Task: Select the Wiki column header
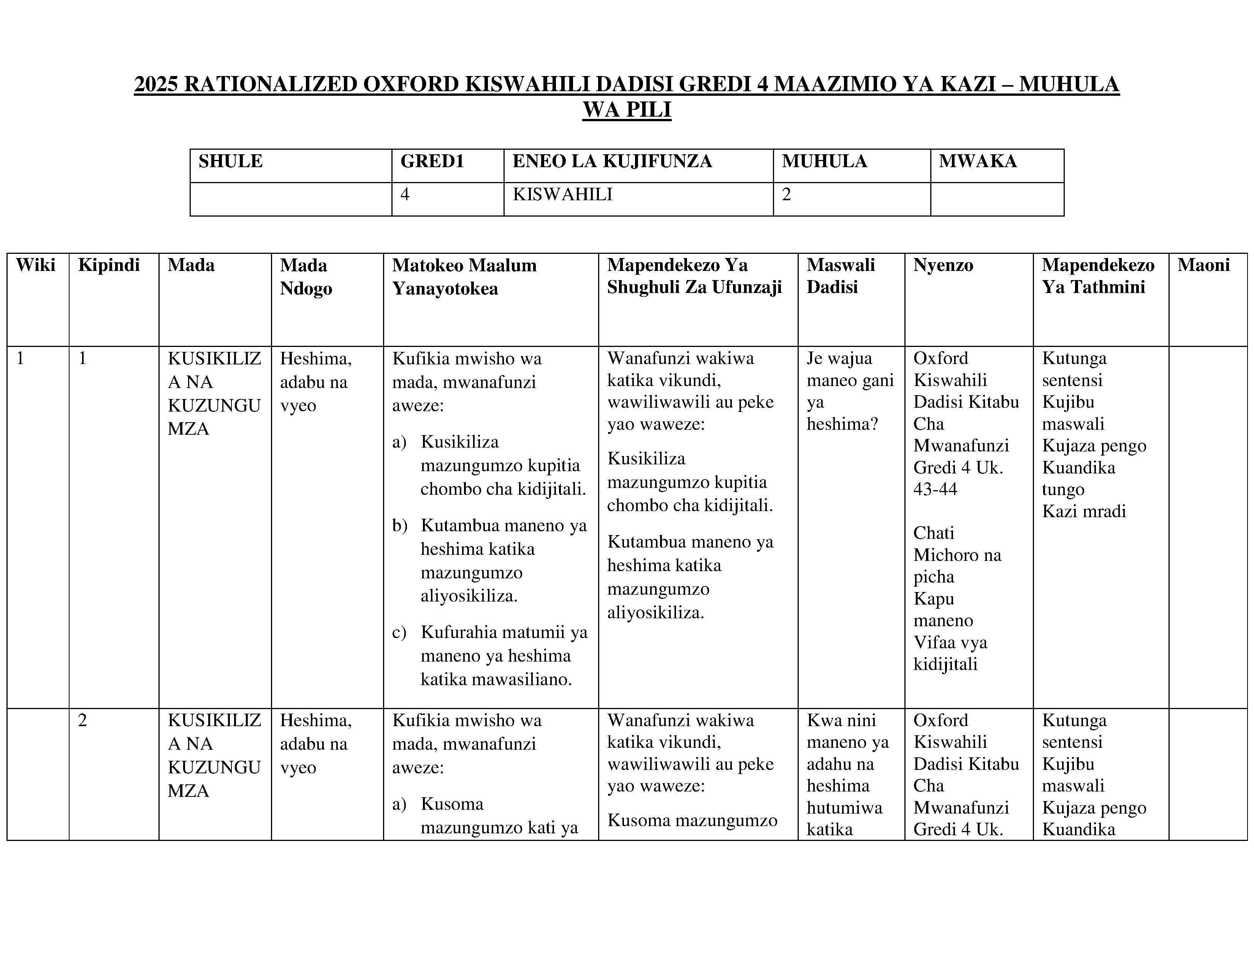point(36,265)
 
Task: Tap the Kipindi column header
point(109,265)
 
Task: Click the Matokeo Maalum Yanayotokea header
point(464,277)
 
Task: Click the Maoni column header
point(1203,265)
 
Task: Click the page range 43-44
point(935,489)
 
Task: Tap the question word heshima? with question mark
point(842,424)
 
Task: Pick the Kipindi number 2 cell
point(83,720)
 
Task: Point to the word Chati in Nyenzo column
point(934,533)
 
